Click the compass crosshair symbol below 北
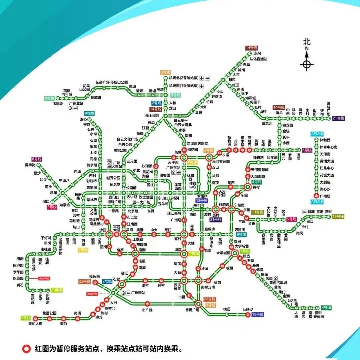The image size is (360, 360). [x=307, y=64]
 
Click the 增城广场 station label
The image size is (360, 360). [x=328, y=108]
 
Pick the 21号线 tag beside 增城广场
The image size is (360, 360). [x=338, y=118]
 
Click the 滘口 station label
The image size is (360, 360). [x=46, y=201]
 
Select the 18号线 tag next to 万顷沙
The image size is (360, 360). [x=258, y=315]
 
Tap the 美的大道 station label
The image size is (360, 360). [x=35, y=324]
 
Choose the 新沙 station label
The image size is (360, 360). [x=328, y=212]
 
